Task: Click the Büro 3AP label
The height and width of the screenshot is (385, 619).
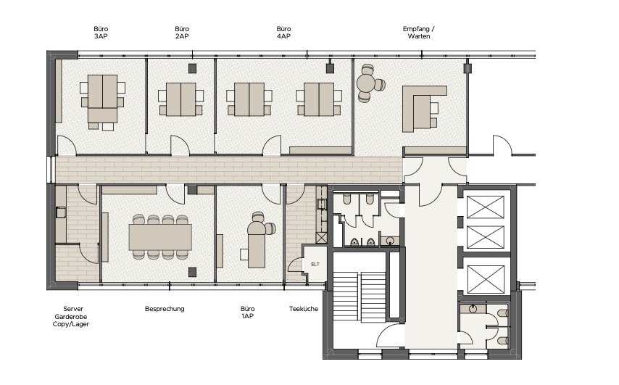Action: click(101, 33)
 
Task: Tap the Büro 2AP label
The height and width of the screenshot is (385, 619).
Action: click(182, 33)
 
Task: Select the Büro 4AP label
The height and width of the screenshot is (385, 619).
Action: click(283, 33)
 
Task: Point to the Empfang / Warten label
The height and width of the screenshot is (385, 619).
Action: click(419, 33)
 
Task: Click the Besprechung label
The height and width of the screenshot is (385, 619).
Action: click(165, 309)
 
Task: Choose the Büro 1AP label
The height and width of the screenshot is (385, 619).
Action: click(247, 312)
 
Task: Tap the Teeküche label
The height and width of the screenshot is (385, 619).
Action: click(304, 309)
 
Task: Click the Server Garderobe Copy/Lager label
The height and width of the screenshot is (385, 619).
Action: click(71, 316)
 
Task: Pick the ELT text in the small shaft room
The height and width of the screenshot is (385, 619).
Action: click(315, 264)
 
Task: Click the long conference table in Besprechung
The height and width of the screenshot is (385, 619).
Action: click(160, 237)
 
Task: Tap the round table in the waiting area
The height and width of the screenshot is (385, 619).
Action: click(366, 83)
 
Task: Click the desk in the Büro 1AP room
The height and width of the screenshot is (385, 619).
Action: click(257, 245)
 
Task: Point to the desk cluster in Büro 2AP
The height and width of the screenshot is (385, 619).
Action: click(180, 99)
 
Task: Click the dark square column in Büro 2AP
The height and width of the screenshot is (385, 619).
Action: click(192, 68)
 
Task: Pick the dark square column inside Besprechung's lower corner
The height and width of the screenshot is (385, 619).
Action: click(192, 272)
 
